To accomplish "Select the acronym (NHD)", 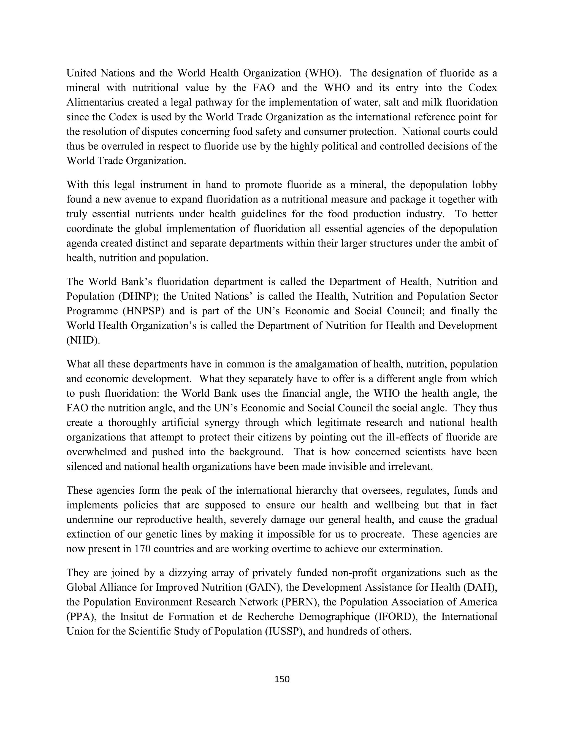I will click(x=83, y=340).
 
